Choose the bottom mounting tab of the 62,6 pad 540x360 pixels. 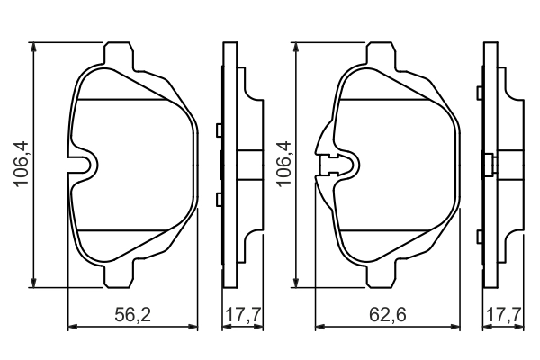pyautogui.click(x=381, y=275)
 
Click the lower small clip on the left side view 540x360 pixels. pyautogui.click(x=219, y=197)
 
